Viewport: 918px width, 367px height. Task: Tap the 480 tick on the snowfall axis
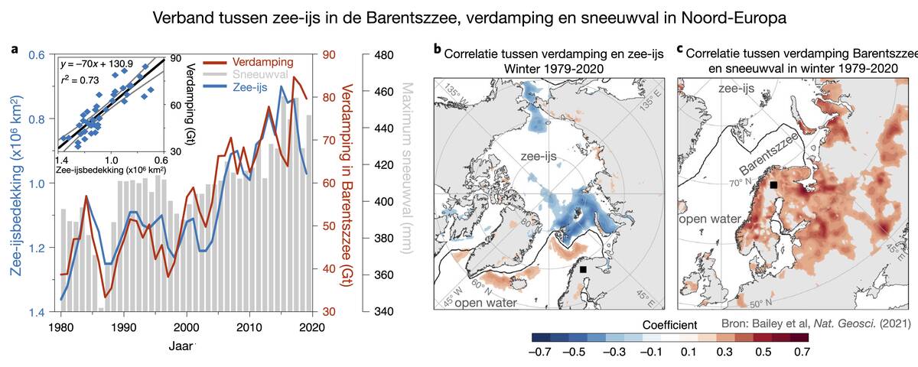point(389,55)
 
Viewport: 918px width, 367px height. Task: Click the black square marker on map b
point(583,270)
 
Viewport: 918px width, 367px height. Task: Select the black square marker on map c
point(774,185)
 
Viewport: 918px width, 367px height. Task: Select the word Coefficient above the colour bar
point(669,323)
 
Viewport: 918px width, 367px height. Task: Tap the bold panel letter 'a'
point(15,50)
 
